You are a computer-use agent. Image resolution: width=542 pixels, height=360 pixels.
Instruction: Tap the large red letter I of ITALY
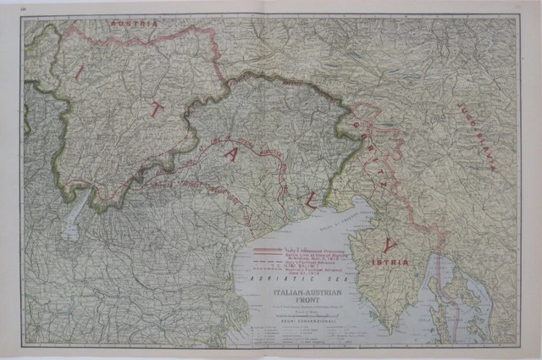pyautogui.click(x=79, y=73)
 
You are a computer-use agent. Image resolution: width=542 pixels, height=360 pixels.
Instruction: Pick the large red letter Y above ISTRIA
pyautogui.click(x=389, y=246)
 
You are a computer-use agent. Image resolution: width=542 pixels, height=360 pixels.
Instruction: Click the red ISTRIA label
pyautogui.click(x=389, y=263)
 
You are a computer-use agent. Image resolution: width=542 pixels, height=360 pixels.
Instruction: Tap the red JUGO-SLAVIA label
pyautogui.click(x=474, y=136)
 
